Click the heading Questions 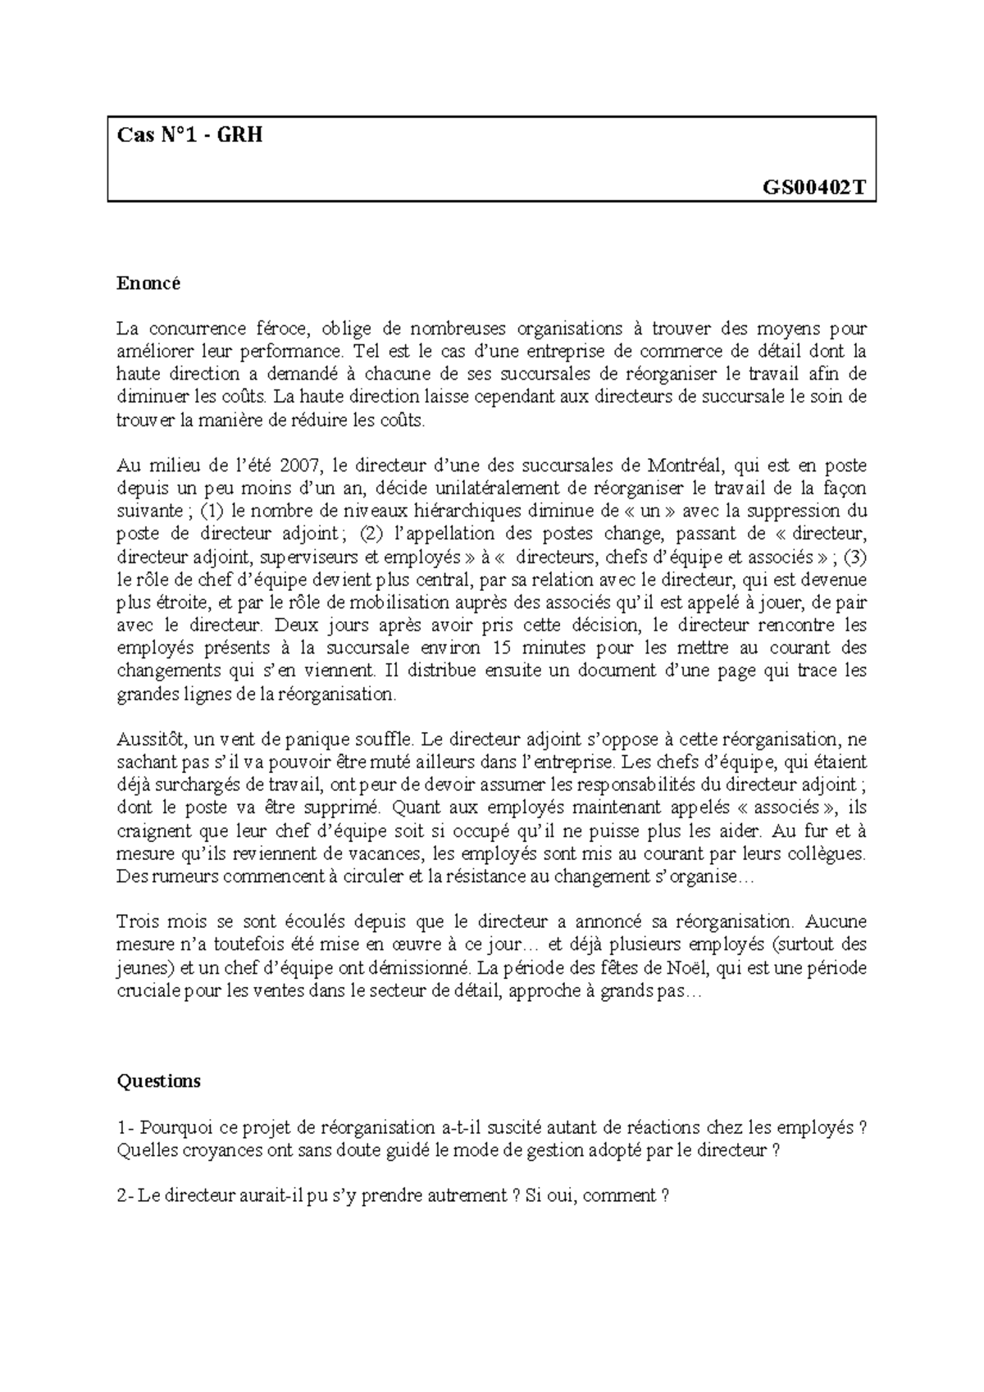pos(158,1080)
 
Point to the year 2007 pos(297,466)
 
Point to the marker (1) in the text pos(212,512)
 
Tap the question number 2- pos(125,1195)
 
